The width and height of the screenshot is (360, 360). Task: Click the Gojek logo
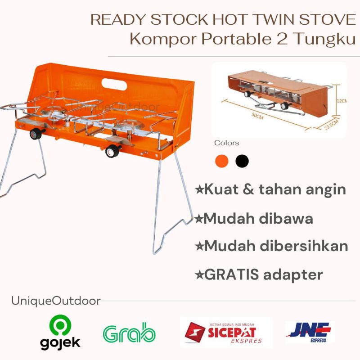point(60,333)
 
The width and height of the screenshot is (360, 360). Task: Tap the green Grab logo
point(129,333)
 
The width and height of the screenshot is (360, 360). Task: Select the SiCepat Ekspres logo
point(223,333)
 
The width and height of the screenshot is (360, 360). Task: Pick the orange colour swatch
point(221,161)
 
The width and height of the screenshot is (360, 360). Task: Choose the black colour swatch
point(242,161)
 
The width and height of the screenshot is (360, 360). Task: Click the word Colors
point(227,143)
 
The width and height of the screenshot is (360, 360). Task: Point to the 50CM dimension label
point(257,116)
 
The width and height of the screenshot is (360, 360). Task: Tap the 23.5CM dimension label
point(332,125)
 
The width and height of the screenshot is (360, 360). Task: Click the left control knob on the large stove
point(36,134)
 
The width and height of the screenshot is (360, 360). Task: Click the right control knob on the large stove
point(112,151)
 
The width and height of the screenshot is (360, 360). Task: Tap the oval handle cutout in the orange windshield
point(114,84)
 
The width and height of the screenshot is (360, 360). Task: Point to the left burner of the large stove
point(54,112)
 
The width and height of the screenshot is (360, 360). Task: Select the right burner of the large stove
point(129,126)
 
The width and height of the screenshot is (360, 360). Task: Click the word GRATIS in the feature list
point(231,274)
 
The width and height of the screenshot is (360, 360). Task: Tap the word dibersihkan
point(304,246)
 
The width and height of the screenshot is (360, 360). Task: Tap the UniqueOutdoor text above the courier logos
point(56,301)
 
